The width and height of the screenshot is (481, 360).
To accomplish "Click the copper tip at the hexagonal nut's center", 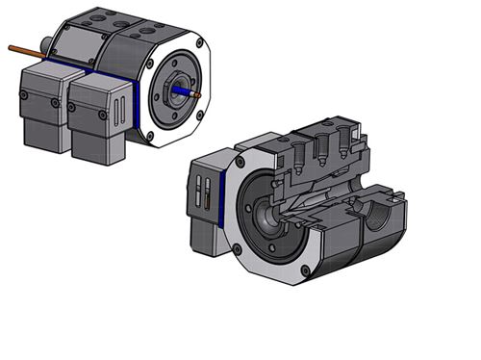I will point(195,94).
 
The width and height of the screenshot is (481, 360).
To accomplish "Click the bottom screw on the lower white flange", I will point(306,270).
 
